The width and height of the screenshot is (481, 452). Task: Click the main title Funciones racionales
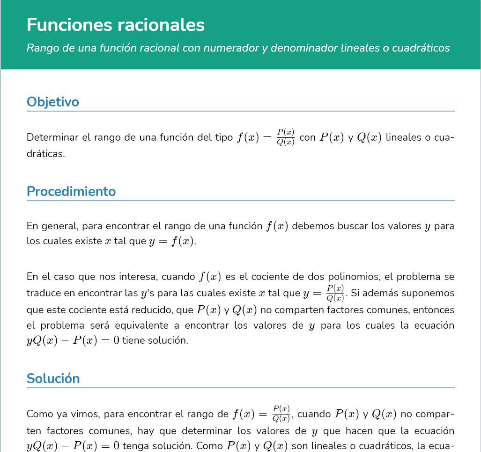pyautogui.click(x=116, y=25)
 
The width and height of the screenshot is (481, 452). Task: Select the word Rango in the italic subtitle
pyautogui.click(x=41, y=48)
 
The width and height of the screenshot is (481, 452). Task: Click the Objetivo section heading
pyautogui.click(x=53, y=102)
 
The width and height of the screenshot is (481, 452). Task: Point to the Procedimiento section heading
pyautogui.click(x=71, y=191)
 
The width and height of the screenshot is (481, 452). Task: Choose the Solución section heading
pyautogui.click(x=53, y=378)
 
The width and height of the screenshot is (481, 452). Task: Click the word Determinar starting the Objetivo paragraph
pyautogui.click(x=52, y=137)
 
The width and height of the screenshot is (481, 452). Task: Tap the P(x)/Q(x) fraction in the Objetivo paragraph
pyautogui.click(x=285, y=137)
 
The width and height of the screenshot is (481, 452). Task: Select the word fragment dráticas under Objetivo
pyautogui.click(x=45, y=153)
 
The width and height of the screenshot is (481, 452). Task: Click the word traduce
pyautogui.click(x=43, y=294)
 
